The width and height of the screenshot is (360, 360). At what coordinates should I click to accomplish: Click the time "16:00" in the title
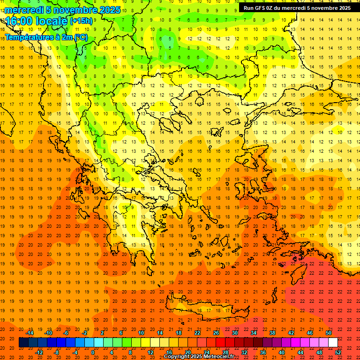[x=19, y=21]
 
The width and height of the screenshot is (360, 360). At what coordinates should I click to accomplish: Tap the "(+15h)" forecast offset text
[x=81, y=21]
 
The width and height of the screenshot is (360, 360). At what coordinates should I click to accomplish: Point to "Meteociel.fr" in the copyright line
[x=217, y=357]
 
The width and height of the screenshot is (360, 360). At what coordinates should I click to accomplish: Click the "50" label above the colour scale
[x=329, y=333]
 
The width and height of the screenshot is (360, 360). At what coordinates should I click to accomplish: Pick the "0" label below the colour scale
[x=92, y=352]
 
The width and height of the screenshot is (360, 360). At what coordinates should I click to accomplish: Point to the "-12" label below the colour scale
[x=39, y=352]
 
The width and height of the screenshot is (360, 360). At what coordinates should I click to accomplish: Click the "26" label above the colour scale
[x=216, y=333]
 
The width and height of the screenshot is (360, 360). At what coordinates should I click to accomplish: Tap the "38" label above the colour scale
[x=272, y=333]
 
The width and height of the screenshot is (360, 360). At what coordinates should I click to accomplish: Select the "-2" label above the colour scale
[x=85, y=333]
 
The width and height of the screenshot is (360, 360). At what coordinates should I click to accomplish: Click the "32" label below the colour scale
[x=244, y=352]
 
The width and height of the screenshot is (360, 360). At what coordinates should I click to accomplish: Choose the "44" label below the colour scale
[x=300, y=352]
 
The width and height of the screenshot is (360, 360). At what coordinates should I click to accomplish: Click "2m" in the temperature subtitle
[x=67, y=37]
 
